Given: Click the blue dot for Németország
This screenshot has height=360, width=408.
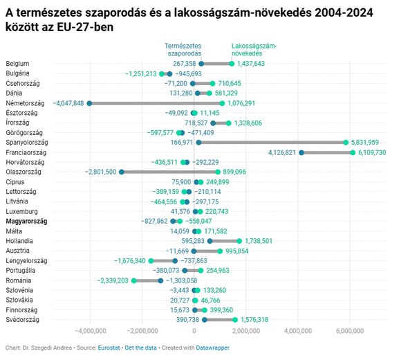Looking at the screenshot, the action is tap(89, 103).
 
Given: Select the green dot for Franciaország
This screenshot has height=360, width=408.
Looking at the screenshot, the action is tap(353, 152).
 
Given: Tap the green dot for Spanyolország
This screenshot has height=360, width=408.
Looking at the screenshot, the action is tap(346, 143).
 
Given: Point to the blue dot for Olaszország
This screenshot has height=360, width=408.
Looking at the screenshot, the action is tap(122, 172).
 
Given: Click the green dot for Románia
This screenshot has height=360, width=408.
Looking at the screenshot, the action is tap(133, 280).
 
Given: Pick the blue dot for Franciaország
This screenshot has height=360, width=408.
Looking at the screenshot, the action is tap(302, 152).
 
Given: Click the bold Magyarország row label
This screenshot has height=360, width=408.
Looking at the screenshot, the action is tap(26, 222).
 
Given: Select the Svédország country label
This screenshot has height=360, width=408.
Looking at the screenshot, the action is tap(22, 320).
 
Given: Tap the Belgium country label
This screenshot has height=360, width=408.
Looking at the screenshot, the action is tap(17, 64).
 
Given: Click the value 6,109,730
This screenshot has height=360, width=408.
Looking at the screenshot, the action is tap(372, 152).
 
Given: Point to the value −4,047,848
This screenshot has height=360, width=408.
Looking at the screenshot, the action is tap(68, 103).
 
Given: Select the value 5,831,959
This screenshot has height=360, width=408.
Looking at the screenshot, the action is tap(365, 143).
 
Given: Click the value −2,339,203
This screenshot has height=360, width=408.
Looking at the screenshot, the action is tap(113, 280).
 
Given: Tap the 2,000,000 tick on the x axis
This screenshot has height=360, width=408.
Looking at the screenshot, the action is tap(246, 331).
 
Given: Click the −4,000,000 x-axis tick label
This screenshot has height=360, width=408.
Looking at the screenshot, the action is tap(91, 331).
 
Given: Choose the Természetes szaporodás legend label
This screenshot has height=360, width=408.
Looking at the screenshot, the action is tap(183, 50).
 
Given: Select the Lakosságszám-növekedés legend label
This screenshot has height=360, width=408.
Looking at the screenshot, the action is tap(254, 50).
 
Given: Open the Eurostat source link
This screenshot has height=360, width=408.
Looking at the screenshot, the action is tap(109, 348).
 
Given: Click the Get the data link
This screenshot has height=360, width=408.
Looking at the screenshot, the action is tap(140, 348).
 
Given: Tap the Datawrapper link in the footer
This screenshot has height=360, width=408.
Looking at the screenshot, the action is tap(212, 348).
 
